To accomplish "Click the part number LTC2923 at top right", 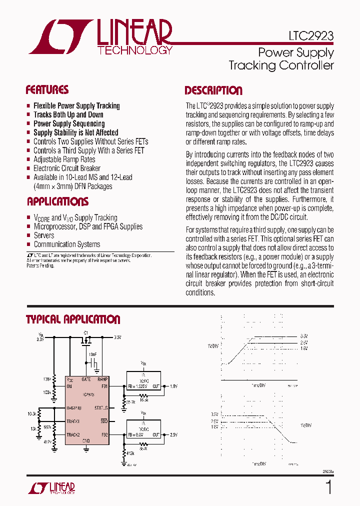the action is point(311,36).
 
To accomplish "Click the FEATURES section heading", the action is point(47,90).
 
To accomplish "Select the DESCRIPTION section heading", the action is point(213,90).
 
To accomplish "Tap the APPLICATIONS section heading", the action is point(57,201).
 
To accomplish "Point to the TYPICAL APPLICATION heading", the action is point(73,319).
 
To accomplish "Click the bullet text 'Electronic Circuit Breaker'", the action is point(66,168).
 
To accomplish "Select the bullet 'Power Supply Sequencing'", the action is point(69,123).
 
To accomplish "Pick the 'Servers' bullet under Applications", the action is point(44,235).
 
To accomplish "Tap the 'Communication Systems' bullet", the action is point(66,244).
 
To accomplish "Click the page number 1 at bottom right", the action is point(328,486).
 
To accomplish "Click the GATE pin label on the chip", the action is point(86,379).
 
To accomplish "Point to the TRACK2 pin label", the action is point(73,435).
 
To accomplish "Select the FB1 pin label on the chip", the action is point(104,386).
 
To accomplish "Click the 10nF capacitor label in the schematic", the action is point(93,354).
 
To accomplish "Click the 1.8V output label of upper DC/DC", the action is point(173,386).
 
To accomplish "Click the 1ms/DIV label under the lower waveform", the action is point(259,463).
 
